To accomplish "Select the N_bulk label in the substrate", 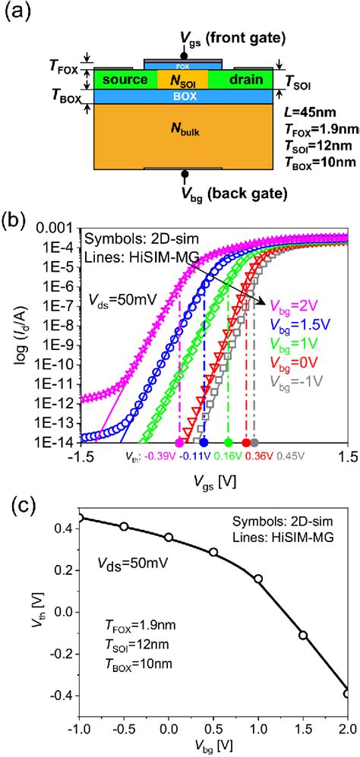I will tap(183, 131).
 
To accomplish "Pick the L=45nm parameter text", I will tap(313, 114).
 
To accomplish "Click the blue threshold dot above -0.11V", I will tap(204, 442).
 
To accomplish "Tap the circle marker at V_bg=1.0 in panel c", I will tap(258, 579).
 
